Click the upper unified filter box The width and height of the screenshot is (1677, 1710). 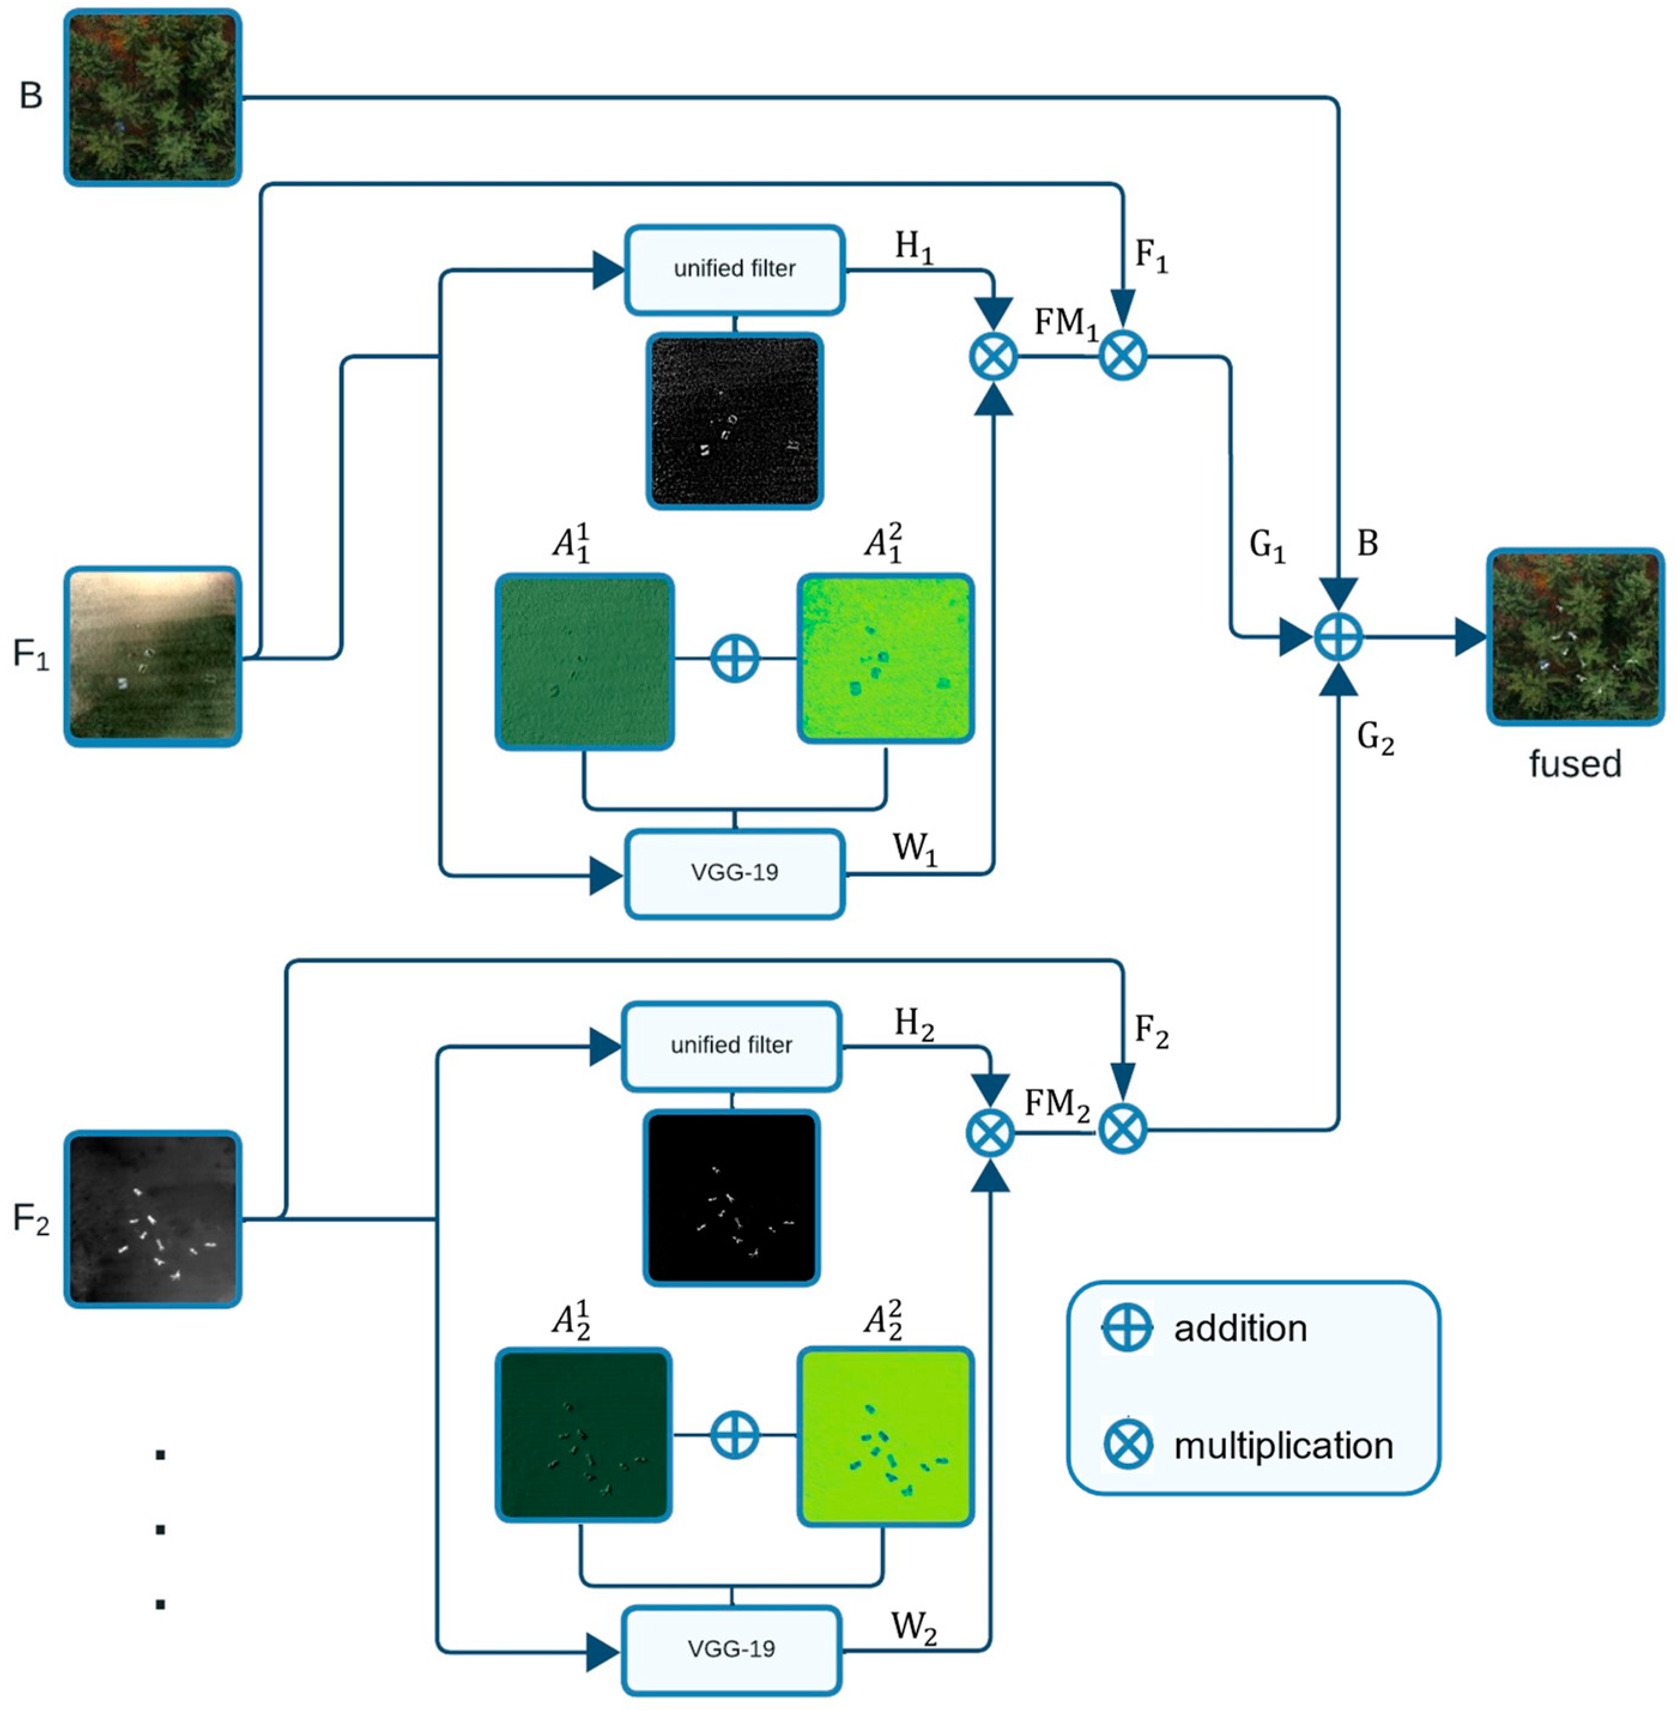click(734, 270)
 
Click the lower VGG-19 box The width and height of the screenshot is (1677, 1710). click(731, 1650)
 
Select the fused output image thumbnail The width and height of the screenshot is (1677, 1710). click(1575, 637)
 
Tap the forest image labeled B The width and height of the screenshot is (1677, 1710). click(152, 97)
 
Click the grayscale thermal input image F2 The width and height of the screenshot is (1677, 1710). click(152, 1218)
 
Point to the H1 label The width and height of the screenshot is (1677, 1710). click(913, 247)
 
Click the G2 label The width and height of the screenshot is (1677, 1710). click(1375, 737)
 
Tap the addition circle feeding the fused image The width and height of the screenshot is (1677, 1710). click(1338, 637)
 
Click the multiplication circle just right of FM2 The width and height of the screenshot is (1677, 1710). click(1123, 1128)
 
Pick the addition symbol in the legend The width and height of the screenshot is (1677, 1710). click(1127, 1328)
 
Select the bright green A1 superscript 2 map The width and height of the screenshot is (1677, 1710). click(885, 658)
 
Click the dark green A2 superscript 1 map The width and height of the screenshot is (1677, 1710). click(583, 1435)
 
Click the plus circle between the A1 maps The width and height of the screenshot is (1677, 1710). click(734, 658)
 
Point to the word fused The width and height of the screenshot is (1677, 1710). click(1574, 764)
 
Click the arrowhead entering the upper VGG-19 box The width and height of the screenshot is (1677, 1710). click(606, 876)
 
